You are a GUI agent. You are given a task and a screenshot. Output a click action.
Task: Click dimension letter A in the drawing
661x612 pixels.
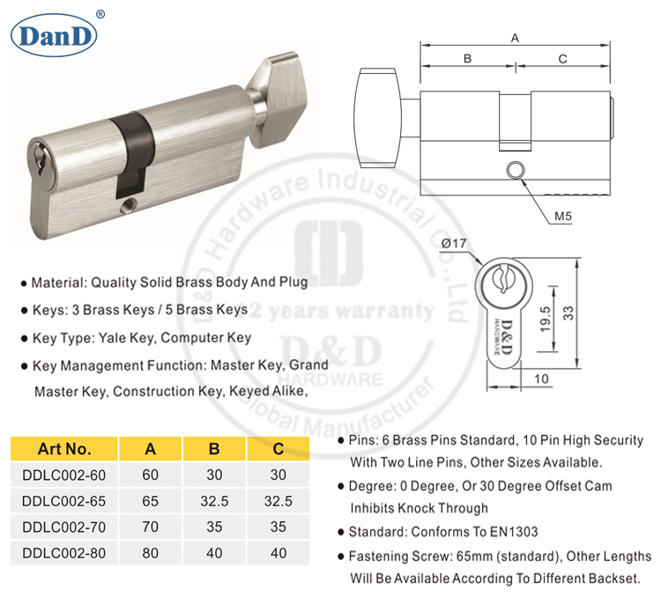pyautogui.click(x=515, y=36)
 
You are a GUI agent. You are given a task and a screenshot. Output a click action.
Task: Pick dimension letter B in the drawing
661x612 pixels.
pyautogui.click(x=468, y=58)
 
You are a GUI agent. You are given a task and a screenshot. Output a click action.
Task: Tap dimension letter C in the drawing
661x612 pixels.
pyautogui.click(x=562, y=58)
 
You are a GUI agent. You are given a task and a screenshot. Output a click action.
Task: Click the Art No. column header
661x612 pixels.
pyautogui.click(x=64, y=448)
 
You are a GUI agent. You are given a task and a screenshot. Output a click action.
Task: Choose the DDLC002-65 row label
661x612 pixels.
pyautogui.click(x=63, y=499)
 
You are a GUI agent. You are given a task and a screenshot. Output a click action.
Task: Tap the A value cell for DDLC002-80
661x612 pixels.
pyautogui.click(x=151, y=554)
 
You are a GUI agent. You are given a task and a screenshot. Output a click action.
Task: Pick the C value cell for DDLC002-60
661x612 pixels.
pyautogui.click(x=278, y=473)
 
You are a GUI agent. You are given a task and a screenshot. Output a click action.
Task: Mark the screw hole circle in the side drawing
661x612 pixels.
pyautogui.click(x=515, y=170)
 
